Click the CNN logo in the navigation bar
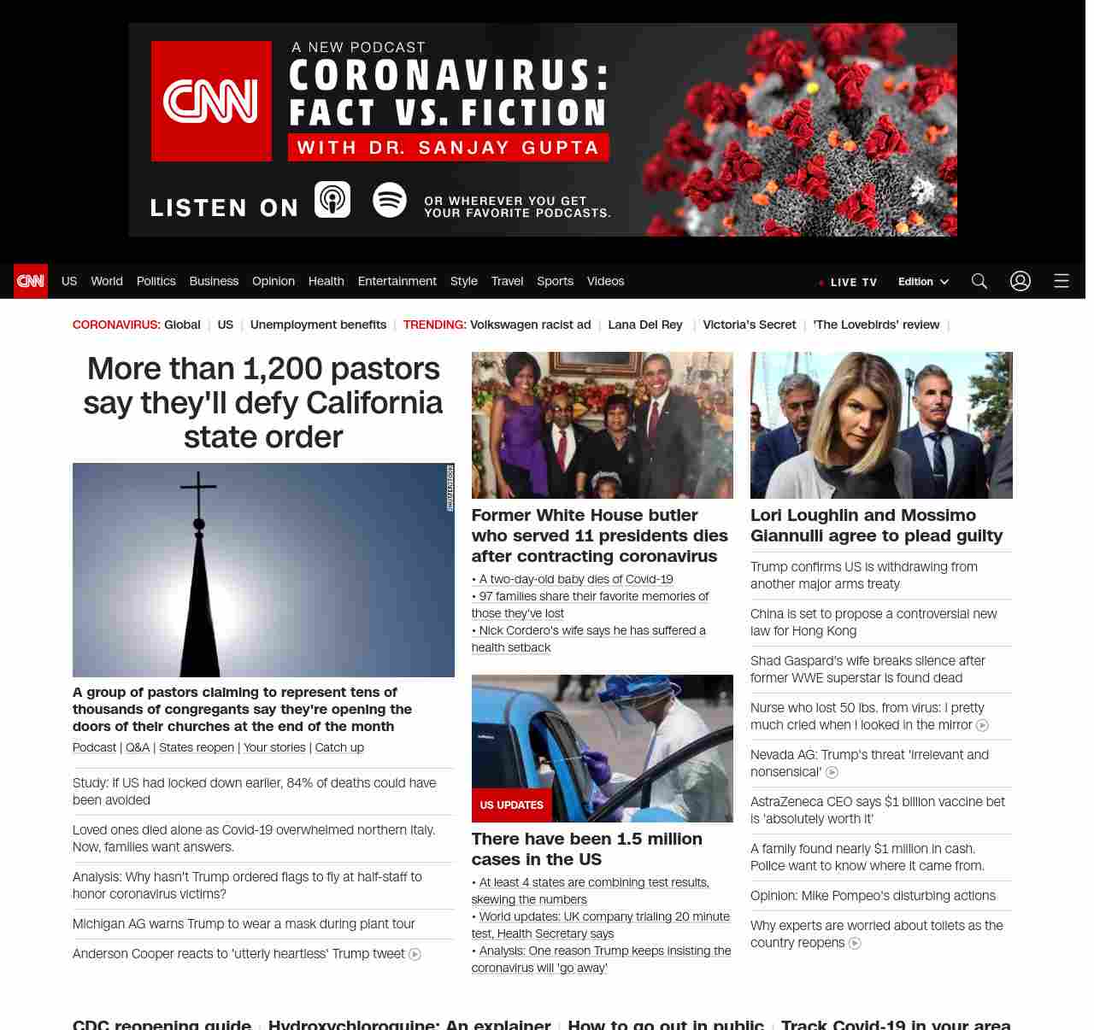pos(31,281)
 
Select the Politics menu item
pos(156,281)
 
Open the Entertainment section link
pos(397,281)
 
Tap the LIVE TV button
pos(848,282)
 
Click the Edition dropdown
pos(923,282)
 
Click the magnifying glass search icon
pos(979,281)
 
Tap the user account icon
pos(1020,281)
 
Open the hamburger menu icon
pos(1062,281)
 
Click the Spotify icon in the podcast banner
pos(390,200)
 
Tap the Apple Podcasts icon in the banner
pos(332,200)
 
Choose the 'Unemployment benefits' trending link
pos(318,325)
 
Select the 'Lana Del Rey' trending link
pos(645,325)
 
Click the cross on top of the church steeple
pos(198,489)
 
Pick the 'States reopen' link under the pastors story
pos(197,747)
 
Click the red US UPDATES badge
pos(511,805)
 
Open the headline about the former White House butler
pos(599,535)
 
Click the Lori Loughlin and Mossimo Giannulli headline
pos(876,525)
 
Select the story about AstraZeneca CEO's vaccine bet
pos(877,810)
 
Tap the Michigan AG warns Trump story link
pos(244,924)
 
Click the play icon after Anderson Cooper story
pos(415,955)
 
